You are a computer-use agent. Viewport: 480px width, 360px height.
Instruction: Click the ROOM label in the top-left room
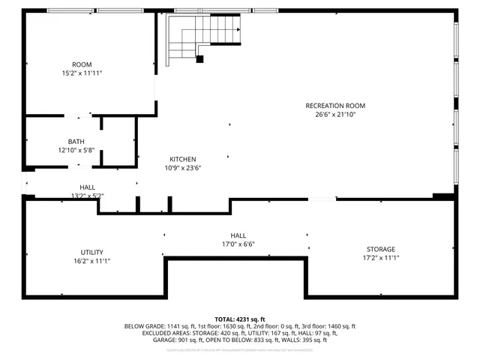point(82,64)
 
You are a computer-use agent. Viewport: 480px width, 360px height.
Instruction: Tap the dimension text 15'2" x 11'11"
point(82,73)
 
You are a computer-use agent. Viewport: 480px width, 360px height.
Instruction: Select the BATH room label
point(76,141)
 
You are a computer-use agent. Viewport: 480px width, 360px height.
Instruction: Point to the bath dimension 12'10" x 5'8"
point(76,150)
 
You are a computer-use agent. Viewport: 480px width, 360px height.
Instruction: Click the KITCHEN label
point(182,159)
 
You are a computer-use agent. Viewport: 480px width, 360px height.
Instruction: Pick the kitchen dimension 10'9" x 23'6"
point(182,168)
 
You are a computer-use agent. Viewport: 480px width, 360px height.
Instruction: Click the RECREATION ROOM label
point(335,106)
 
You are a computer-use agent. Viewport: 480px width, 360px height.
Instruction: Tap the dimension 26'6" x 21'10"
point(335,115)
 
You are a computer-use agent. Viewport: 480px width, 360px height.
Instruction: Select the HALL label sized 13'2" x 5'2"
point(87,187)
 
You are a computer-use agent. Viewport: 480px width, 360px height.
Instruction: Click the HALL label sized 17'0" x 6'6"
point(238,235)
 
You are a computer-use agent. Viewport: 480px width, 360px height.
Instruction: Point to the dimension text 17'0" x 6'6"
point(238,244)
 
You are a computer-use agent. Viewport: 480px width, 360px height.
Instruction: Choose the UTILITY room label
point(92,252)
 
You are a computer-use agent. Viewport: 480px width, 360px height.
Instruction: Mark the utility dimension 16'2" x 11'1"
point(92,261)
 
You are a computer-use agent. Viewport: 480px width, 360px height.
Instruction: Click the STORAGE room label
point(380,249)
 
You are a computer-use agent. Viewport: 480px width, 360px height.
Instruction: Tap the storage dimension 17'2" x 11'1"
point(380,258)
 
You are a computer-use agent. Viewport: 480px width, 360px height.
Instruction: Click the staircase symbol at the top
point(202,37)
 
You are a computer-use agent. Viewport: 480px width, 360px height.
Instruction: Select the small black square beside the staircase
point(199,59)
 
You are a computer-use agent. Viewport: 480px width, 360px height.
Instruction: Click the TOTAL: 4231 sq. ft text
point(240,319)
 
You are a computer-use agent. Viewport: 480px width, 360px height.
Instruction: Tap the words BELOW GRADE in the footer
point(142,326)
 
